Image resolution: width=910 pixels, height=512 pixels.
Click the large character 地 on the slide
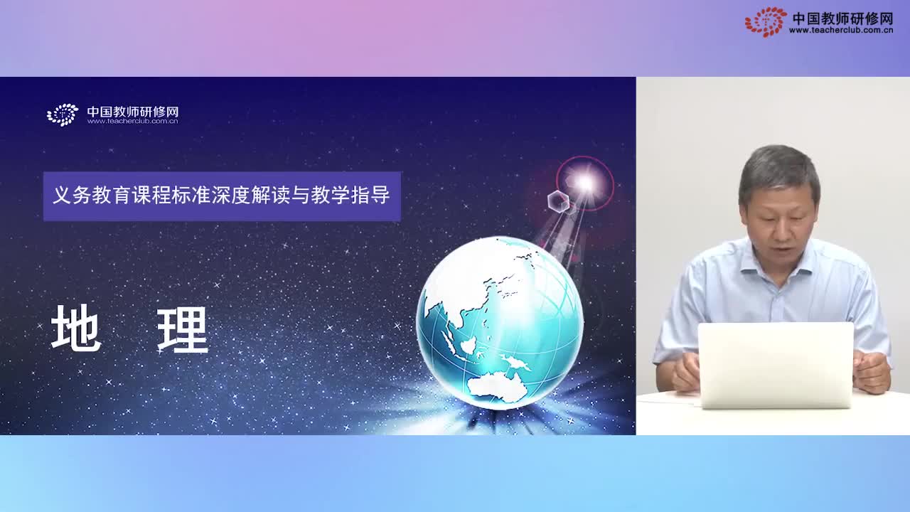coord(76,329)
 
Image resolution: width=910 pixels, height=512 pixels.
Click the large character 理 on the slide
coord(183,329)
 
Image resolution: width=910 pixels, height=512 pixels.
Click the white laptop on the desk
coord(776,365)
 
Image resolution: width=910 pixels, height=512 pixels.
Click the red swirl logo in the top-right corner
coord(766,21)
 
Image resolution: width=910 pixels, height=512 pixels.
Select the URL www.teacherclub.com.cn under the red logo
coord(840,31)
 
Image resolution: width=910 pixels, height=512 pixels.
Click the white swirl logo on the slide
coord(63,114)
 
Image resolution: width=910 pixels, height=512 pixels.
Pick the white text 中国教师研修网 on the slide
coord(132,111)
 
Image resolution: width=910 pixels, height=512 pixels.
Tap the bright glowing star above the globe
coord(584,183)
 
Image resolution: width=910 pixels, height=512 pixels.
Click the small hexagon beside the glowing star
coord(559,201)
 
